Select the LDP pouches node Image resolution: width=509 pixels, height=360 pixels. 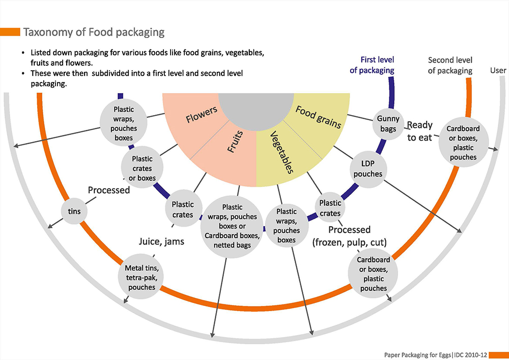367,169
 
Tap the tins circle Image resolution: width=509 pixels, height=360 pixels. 71,210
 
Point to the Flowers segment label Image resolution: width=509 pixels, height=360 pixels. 202,115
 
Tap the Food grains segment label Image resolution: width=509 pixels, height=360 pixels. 318,117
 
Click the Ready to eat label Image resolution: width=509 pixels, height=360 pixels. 419,131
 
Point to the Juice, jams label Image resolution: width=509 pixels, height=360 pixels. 161,241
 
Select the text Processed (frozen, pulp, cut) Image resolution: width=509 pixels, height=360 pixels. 350,235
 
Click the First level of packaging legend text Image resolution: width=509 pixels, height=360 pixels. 372,65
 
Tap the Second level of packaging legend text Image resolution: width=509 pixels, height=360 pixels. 450,65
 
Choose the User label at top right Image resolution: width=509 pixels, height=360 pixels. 498,70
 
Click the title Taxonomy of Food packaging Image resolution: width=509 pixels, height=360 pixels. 94,32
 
